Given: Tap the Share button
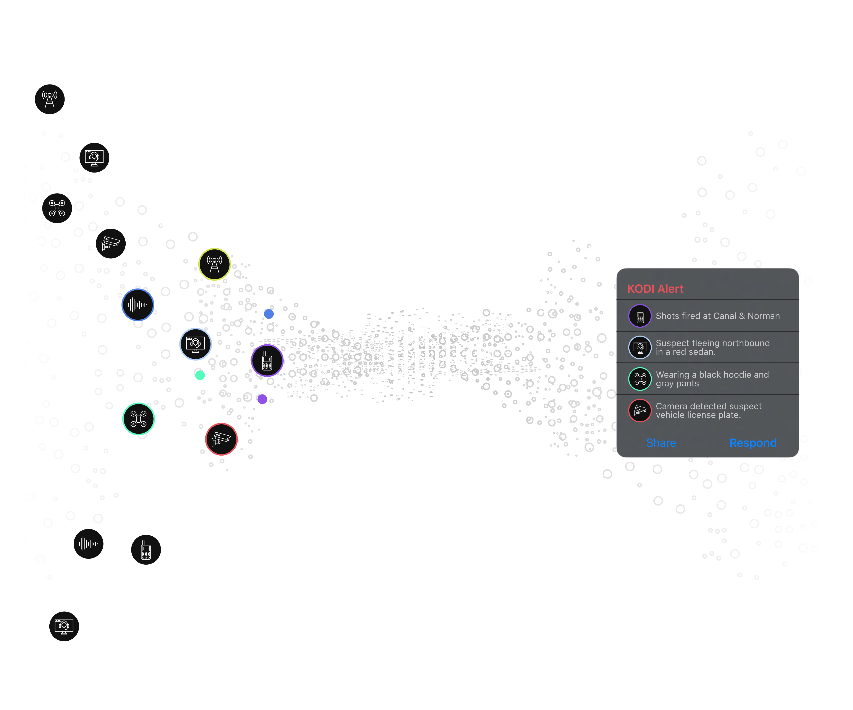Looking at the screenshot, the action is (x=661, y=443).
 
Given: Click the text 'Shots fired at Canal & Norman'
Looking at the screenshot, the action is (x=717, y=316).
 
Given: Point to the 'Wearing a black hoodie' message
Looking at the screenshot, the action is (x=712, y=379).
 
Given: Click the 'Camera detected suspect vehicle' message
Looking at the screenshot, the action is (x=708, y=410).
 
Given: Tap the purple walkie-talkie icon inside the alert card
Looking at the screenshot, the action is (x=640, y=316).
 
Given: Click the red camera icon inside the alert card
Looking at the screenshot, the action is (x=640, y=410).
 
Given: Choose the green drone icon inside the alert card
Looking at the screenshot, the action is (x=640, y=379).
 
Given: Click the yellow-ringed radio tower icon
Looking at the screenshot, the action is (x=214, y=264).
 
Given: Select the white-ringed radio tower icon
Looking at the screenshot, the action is (x=50, y=99).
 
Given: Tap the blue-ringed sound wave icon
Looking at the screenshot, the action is (x=138, y=305).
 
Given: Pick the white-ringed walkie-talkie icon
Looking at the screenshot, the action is (x=146, y=549).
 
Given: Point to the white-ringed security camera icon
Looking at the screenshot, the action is (x=110, y=243).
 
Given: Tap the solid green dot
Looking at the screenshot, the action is (x=200, y=375).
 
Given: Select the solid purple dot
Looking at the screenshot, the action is (x=262, y=399).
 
